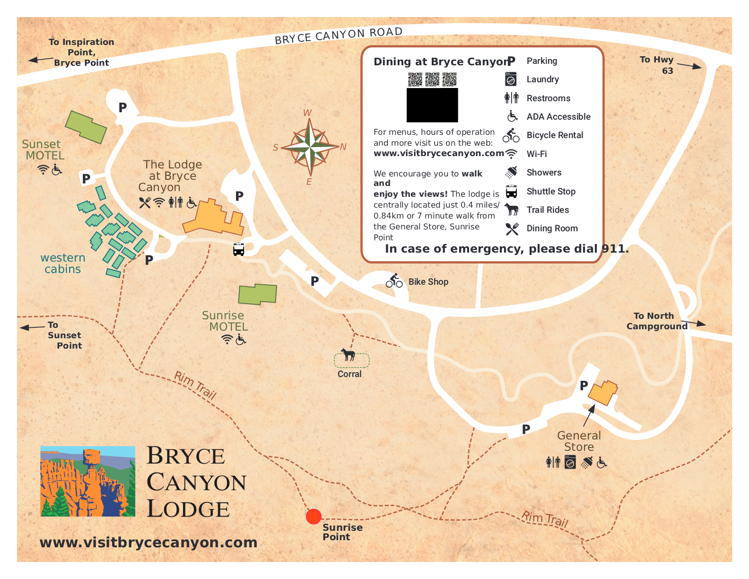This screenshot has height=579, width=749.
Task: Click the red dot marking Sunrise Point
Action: click(314, 517)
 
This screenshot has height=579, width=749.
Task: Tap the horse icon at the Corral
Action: click(348, 354)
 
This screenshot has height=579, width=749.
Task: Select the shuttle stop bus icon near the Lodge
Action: click(239, 249)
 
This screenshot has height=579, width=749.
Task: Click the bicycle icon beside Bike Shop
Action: click(394, 281)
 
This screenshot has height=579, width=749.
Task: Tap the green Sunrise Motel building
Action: click(257, 294)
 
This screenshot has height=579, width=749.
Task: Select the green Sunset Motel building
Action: click(86, 127)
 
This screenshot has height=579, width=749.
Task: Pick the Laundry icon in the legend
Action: click(511, 79)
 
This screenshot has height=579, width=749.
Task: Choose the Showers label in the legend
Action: click(544, 173)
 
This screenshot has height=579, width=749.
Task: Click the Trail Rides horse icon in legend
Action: click(511, 210)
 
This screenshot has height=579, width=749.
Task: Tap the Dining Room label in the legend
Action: click(552, 228)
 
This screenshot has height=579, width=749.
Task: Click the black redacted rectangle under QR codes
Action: click(432, 105)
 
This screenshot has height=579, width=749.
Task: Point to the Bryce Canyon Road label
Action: click(339, 35)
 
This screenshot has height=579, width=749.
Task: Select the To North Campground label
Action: click(656, 321)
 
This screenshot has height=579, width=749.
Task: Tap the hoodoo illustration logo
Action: click(88, 481)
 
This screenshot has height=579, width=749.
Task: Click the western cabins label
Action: click(62, 263)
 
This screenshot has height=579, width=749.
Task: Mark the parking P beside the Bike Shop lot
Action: click(314, 281)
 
